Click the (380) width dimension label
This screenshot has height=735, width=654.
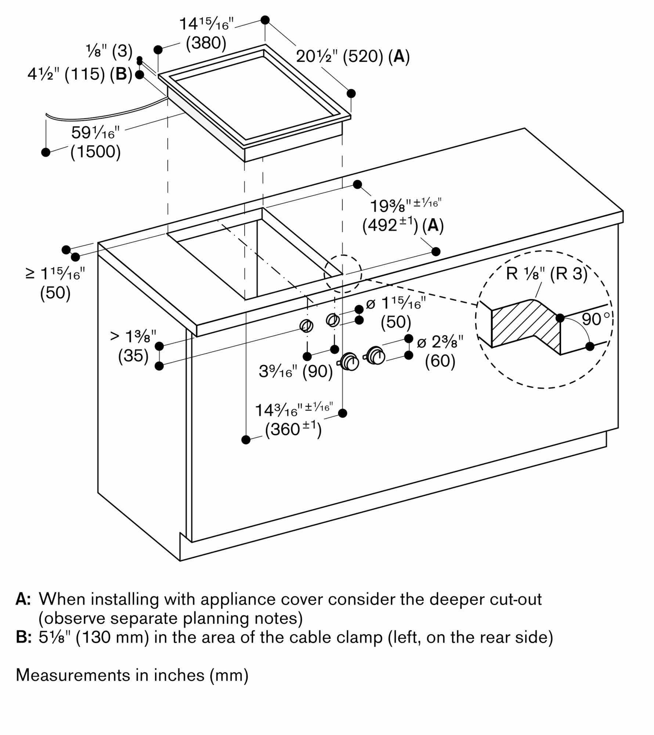click(x=206, y=43)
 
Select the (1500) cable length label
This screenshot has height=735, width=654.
click(x=95, y=151)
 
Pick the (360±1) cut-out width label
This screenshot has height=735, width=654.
click(x=293, y=429)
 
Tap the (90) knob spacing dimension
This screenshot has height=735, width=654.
click(x=317, y=372)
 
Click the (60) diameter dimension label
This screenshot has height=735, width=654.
click(x=440, y=361)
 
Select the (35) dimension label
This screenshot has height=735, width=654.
click(x=133, y=356)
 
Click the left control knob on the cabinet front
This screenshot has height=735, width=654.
click(x=350, y=362)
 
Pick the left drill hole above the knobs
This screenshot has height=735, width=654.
click(x=306, y=326)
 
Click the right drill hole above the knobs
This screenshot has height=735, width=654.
click(x=332, y=320)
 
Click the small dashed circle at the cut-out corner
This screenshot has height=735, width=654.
click(x=343, y=274)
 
